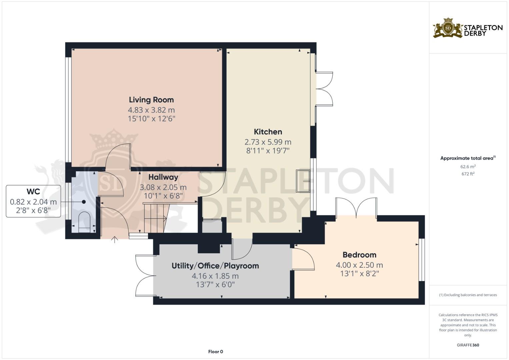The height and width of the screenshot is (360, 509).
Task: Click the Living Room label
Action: point(151,100)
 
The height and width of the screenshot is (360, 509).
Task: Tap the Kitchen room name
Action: point(268,132)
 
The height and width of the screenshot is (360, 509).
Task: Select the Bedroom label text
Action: point(359,255)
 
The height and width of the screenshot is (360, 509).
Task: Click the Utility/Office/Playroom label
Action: point(215,266)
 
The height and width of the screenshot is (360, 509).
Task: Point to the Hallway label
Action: point(163,177)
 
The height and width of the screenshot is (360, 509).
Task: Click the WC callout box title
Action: point(33,192)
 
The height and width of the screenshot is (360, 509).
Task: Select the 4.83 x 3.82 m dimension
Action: point(151,110)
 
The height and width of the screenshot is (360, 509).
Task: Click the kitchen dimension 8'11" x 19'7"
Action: point(268,151)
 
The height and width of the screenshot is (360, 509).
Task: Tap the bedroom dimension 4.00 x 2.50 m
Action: point(359,265)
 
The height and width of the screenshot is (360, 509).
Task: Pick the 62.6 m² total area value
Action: point(468,167)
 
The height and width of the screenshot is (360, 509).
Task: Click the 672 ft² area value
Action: point(468,174)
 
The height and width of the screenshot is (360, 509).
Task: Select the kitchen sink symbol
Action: point(303,181)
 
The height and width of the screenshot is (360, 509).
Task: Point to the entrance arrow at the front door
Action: point(115,240)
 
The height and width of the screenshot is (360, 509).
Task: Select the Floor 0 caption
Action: point(215,352)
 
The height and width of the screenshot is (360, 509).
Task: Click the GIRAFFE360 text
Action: point(468,345)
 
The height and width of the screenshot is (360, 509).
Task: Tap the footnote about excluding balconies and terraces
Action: point(468,295)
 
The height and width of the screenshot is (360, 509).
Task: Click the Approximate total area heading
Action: point(467,158)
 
